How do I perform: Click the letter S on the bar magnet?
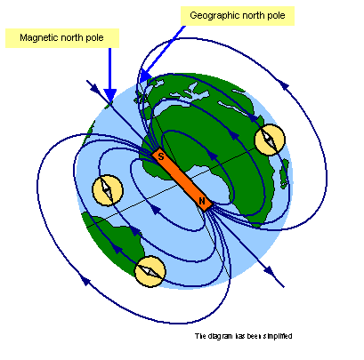click(x=161, y=156)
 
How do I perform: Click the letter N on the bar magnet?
click(x=202, y=201)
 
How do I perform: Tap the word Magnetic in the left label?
click(x=39, y=38)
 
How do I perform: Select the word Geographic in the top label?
click(x=213, y=15)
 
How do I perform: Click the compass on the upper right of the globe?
click(x=270, y=140)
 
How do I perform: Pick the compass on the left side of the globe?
click(x=108, y=190)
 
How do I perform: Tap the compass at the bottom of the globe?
click(x=150, y=271)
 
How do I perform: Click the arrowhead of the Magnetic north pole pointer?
click(x=110, y=95)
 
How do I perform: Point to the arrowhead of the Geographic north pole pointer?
click(x=145, y=76)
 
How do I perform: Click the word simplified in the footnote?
click(x=278, y=336)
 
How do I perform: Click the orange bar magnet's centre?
click(x=182, y=179)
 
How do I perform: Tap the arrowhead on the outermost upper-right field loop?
click(x=284, y=85)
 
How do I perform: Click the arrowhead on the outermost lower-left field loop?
click(x=85, y=280)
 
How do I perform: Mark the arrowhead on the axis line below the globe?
click(x=269, y=271)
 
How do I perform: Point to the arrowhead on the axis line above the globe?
click(x=94, y=88)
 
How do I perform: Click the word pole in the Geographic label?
click(x=275, y=15)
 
